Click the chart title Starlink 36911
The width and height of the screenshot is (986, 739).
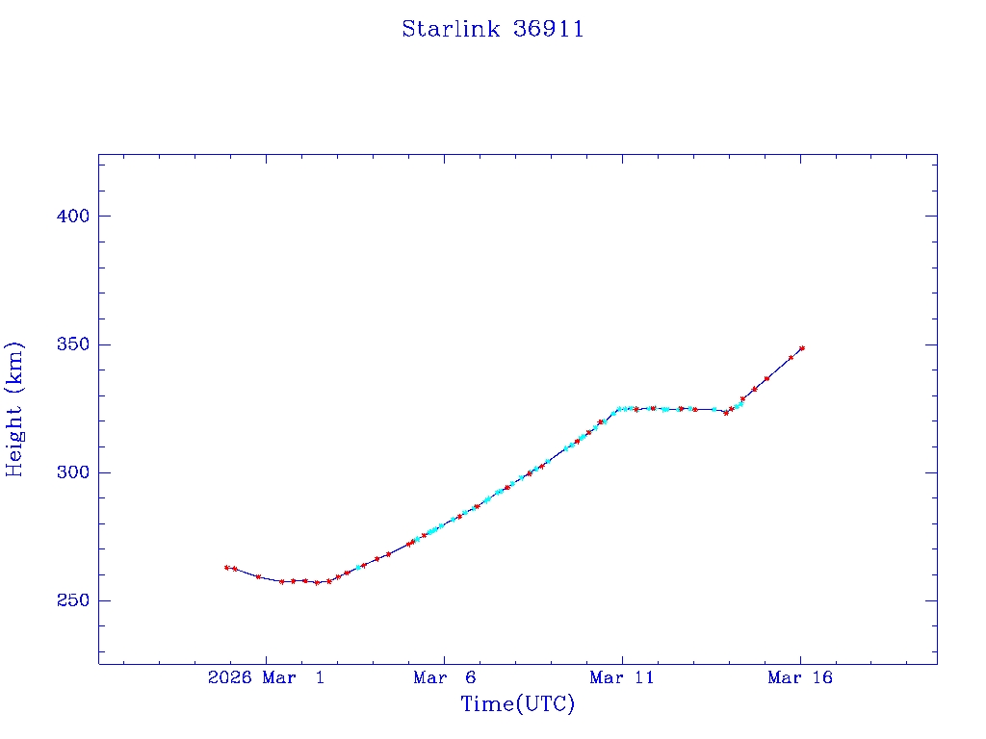[x=492, y=30]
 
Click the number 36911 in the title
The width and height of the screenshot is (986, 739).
[x=549, y=30]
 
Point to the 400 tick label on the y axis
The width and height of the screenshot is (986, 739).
[x=72, y=217]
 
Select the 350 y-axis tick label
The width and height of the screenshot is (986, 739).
[x=72, y=344]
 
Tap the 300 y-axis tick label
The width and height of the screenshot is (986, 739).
[x=72, y=472]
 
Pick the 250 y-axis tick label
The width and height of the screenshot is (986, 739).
[x=72, y=601]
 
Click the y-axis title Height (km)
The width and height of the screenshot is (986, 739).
[x=14, y=408]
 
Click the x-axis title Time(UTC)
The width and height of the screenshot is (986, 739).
[x=517, y=704]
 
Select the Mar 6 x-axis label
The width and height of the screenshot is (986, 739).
[x=444, y=678]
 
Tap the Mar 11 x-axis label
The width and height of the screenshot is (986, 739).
[x=621, y=678]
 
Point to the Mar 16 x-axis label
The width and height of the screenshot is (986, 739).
[x=799, y=678]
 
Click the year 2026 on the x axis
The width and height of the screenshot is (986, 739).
[x=229, y=678]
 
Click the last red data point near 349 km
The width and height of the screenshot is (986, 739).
[x=802, y=348]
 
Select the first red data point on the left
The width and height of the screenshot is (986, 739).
[x=226, y=568]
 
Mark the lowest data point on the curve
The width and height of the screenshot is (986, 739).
[x=317, y=583]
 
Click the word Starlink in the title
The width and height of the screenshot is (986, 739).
[x=451, y=30]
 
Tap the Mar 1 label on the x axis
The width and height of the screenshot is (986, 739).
[x=294, y=678]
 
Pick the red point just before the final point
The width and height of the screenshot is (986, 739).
[x=791, y=358]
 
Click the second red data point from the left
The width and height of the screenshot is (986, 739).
[x=235, y=569]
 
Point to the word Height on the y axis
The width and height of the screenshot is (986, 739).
[x=14, y=439]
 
